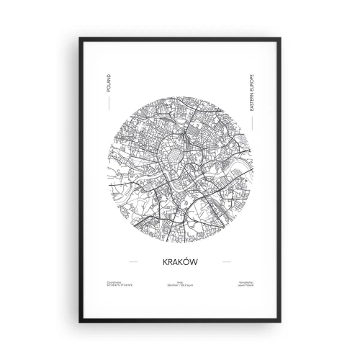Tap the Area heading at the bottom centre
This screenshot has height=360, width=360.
pyautogui.click(x=180, y=284)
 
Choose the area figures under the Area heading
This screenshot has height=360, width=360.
pyautogui.click(x=180, y=288)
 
